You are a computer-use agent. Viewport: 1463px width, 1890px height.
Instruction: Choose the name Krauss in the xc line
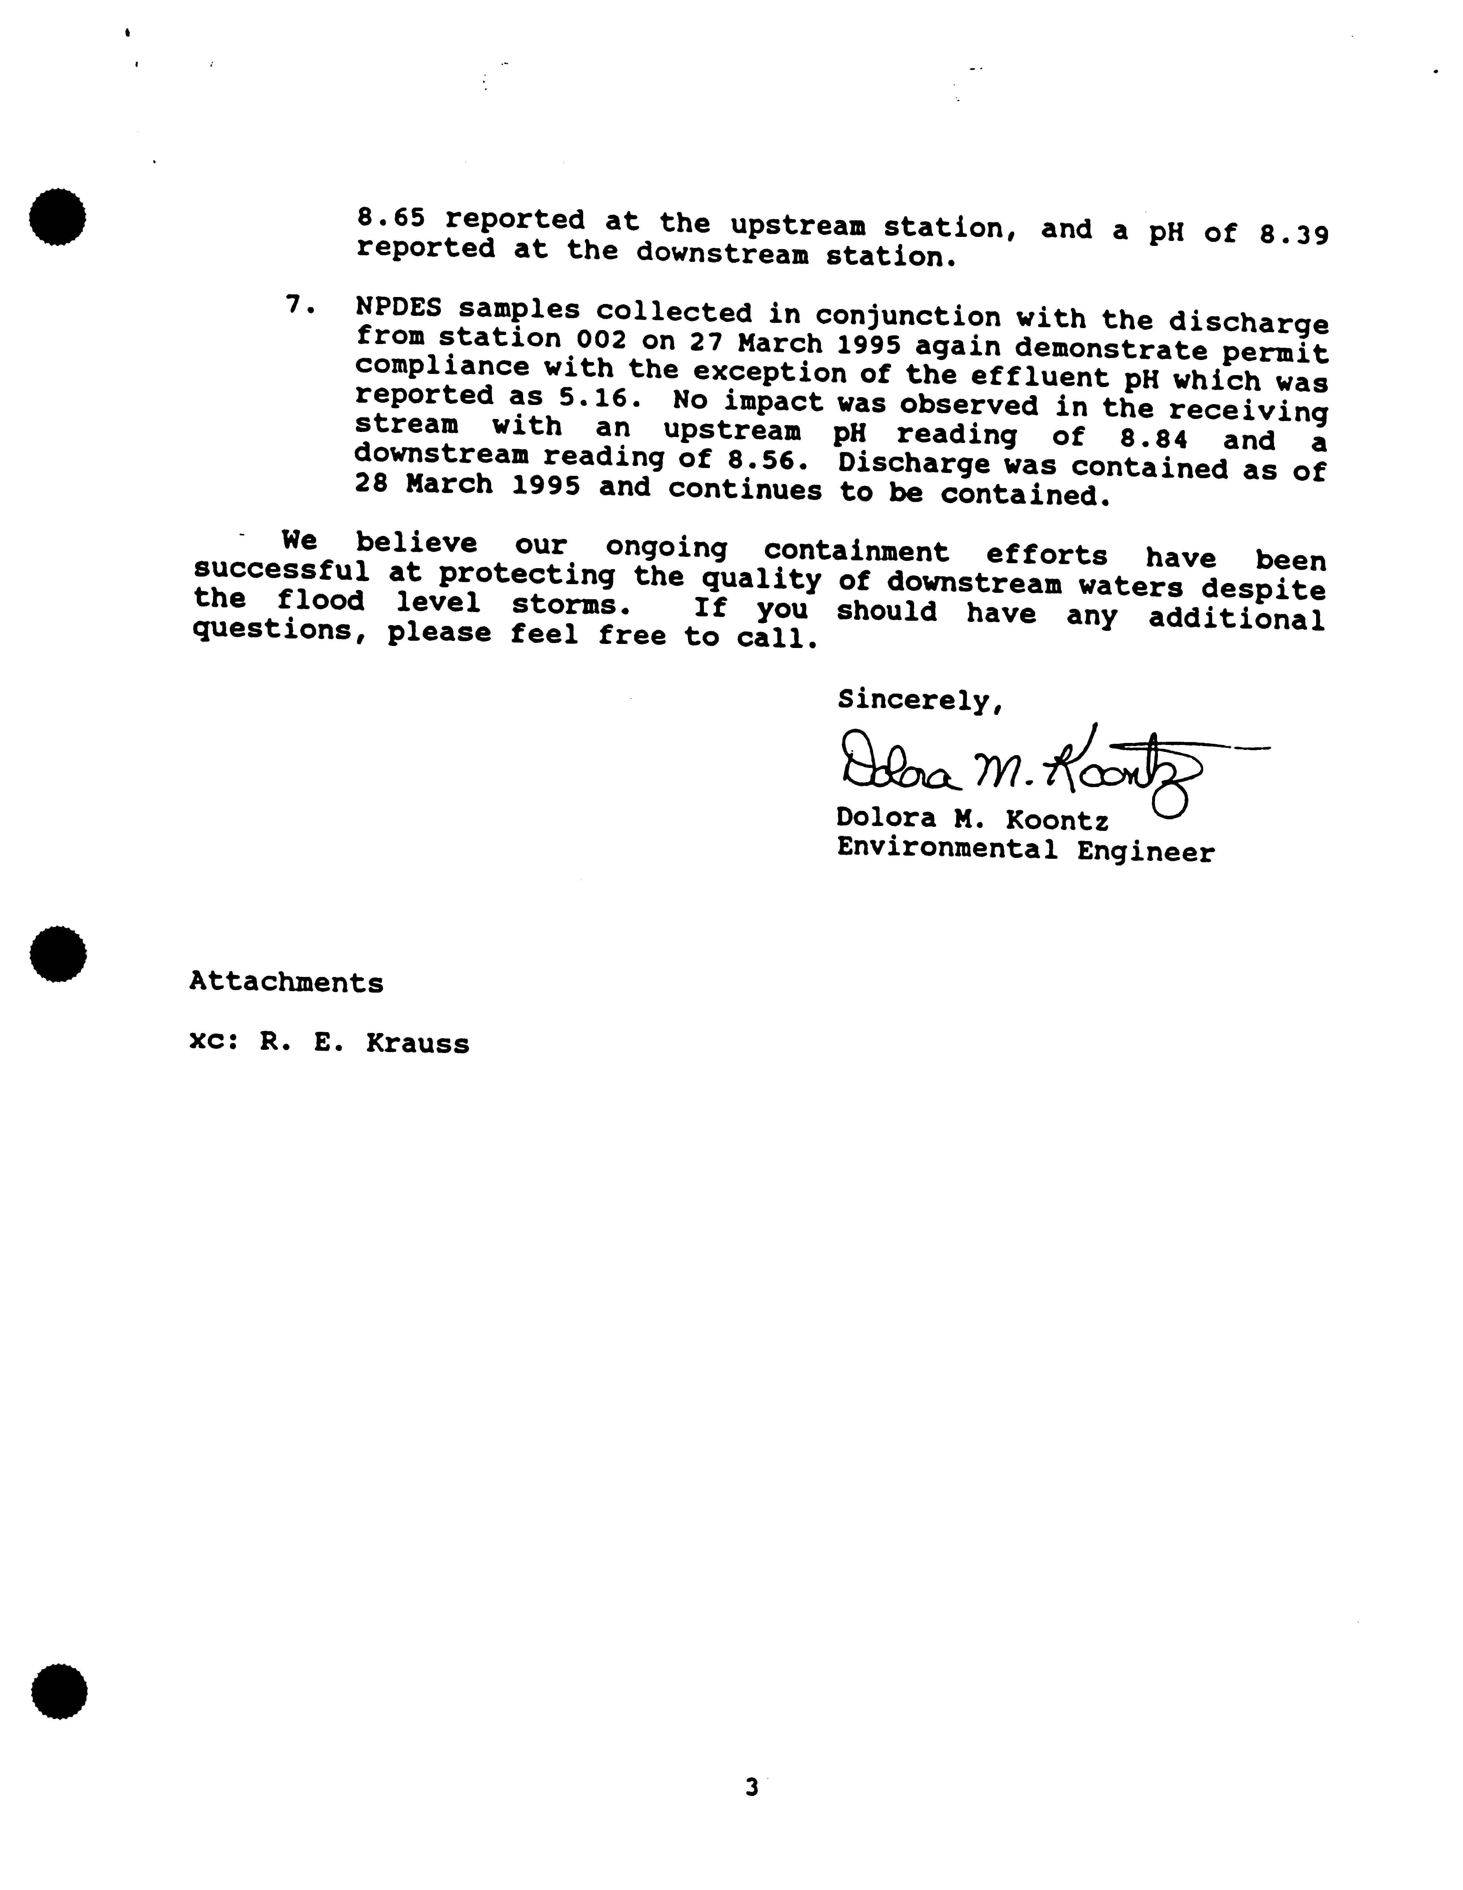[417, 1044]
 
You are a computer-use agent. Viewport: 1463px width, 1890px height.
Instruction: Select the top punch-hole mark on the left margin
[57, 216]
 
